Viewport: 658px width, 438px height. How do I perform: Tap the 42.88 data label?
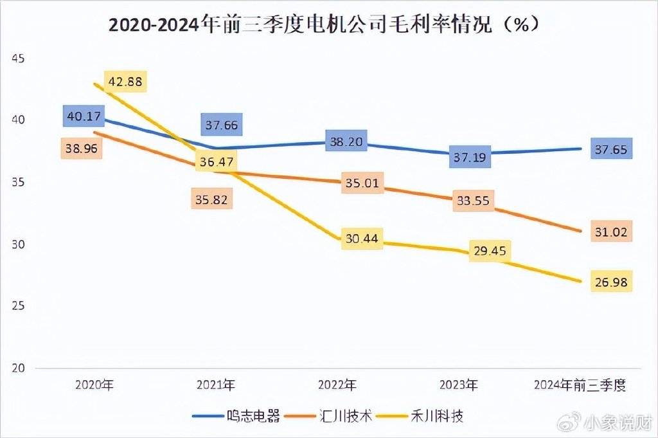(127, 82)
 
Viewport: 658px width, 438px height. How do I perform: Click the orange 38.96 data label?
(82, 148)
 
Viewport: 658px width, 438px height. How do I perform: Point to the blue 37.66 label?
(219, 125)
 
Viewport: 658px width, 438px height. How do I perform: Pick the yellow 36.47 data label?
(216, 162)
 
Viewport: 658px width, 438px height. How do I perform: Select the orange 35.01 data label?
(362, 184)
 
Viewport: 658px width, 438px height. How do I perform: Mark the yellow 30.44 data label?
(361, 239)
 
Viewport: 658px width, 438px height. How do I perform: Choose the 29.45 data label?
(490, 251)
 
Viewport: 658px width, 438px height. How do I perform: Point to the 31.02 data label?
(611, 231)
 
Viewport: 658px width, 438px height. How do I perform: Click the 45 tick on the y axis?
(17, 59)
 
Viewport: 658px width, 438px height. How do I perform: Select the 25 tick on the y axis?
(17, 306)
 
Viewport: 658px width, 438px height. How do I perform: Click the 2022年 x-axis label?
(337, 385)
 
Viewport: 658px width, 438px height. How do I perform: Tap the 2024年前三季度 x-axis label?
(580, 385)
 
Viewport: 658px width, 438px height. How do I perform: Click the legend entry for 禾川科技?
(419, 416)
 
